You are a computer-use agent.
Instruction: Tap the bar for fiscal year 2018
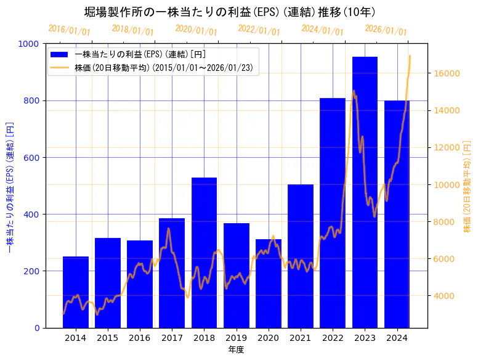click(204, 253)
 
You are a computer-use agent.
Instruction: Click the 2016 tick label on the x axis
click(140, 338)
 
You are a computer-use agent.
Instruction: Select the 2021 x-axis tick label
click(301, 338)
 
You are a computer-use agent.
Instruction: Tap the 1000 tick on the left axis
click(30, 44)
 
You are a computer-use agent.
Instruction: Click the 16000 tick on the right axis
click(447, 73)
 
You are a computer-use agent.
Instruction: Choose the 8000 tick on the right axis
click(445, 222)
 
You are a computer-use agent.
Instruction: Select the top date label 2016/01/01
click(69, 30)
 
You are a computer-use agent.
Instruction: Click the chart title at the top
click(230, 12)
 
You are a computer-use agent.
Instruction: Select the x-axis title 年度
click(236, 350)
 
